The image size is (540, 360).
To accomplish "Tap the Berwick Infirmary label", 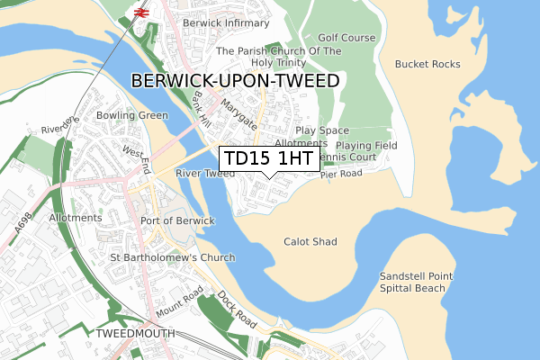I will point(225,22).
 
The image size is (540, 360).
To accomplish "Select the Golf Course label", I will point(346,38).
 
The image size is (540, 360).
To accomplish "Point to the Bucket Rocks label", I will point(427,64).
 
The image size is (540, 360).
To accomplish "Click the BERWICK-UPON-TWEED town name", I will point(235,81).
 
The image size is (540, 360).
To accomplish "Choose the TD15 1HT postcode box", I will point(268,158).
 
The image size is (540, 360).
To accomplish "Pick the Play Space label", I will point(321,130).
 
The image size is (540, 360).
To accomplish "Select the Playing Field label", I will point(366,145).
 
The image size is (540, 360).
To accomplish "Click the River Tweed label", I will point(205,173).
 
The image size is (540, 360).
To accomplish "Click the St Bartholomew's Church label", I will point(172,257).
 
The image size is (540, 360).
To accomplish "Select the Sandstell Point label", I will point(416,275).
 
